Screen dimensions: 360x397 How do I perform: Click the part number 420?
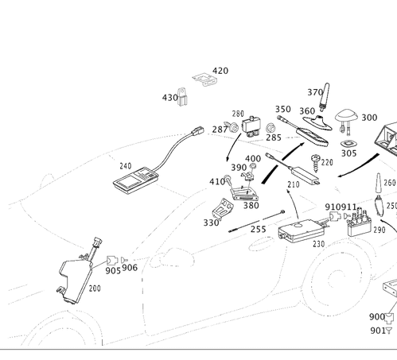[220, 72]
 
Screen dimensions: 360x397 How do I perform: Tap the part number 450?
[169, 99]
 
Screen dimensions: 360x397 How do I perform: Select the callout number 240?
[125, 167]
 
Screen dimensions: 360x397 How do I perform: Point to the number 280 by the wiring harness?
[95, 288]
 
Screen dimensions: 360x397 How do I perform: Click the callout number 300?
[368, 118]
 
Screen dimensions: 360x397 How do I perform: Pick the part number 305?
[348, 153]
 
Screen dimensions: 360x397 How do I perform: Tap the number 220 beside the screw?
[327, 163]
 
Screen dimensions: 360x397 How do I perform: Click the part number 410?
[216, 183]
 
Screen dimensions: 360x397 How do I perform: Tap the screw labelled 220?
[315, 166]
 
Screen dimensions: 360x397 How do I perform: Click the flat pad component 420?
[204, 79]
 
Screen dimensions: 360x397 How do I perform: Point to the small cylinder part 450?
[184, 99]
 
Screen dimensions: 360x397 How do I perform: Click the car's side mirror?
[177, 257]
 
